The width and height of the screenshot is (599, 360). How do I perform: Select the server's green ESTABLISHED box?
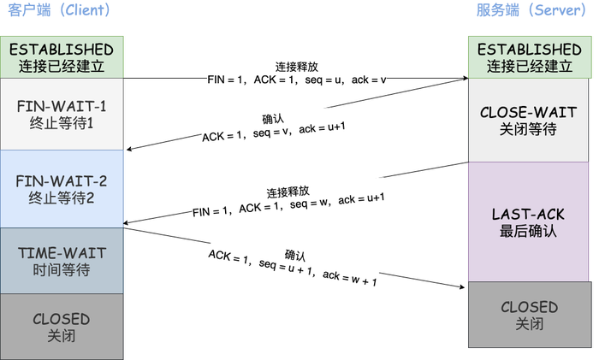529,56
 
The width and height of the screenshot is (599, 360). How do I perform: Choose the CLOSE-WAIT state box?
529,121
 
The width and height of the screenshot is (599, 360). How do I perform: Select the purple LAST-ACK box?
529,221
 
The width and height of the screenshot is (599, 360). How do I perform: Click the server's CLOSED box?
529,314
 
